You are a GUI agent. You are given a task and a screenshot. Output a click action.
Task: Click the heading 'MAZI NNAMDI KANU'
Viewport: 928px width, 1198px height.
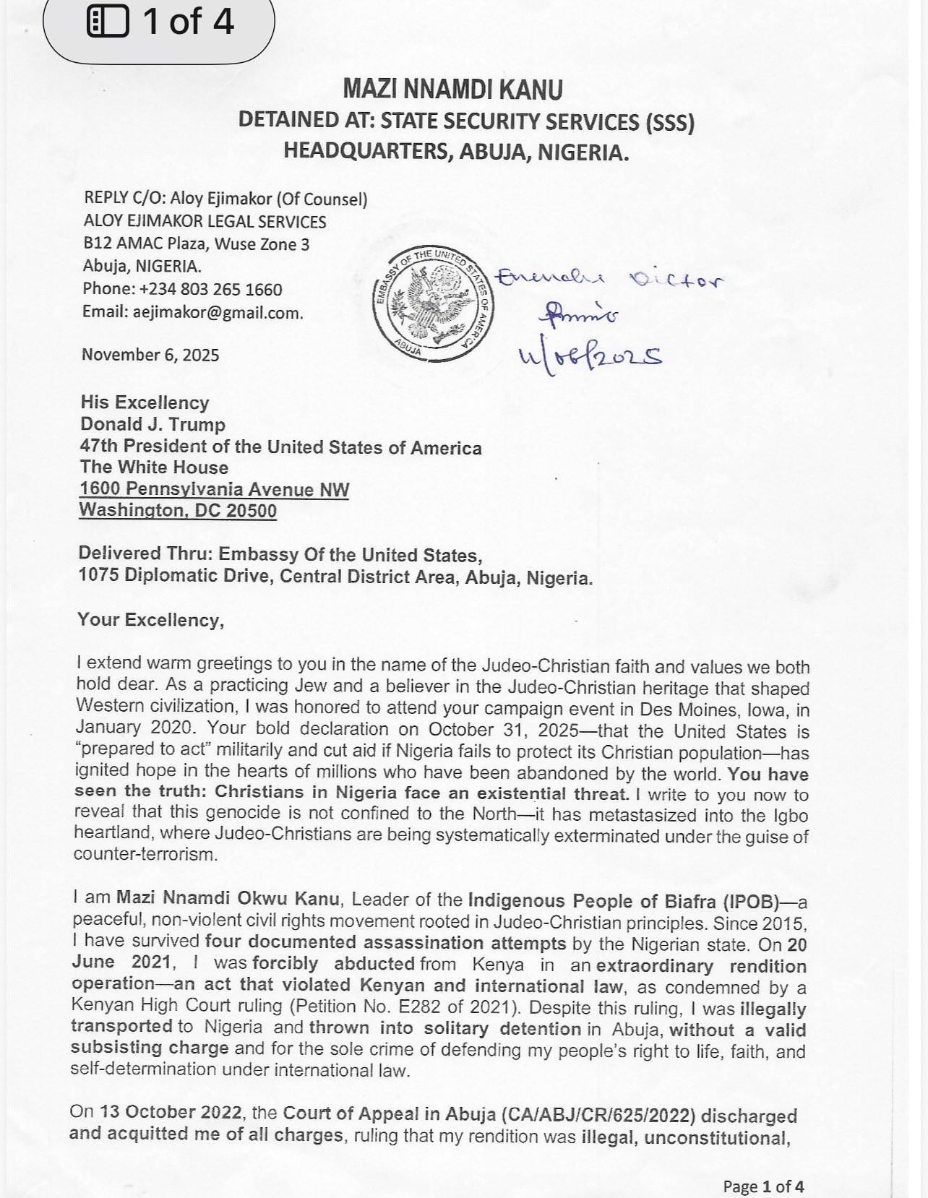[x=452, y=90]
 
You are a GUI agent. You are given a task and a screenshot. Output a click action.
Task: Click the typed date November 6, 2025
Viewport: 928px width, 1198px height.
[x=150, y=355]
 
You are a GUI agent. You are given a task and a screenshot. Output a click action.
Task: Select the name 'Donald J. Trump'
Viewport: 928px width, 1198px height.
[x=152, y=424]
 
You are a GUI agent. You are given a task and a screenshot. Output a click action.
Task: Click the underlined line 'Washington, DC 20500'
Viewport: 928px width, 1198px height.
[x=178, y=510]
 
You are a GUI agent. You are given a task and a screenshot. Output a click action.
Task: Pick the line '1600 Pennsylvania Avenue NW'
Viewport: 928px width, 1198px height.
[x=215, y=489]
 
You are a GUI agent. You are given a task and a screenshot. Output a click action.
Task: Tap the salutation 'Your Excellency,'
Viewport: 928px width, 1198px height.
[x=150, y=620]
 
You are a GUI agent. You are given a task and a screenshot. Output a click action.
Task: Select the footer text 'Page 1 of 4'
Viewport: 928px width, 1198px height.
[x=763, y=1186]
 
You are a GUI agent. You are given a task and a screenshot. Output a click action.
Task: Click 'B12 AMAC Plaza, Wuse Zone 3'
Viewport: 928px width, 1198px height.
[x=196, y=244]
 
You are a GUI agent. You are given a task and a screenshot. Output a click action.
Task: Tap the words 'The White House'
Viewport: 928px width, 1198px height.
[x=154, y=467]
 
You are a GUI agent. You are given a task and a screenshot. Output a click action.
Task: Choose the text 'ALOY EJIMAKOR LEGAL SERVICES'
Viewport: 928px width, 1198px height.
[x=205, y=222]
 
